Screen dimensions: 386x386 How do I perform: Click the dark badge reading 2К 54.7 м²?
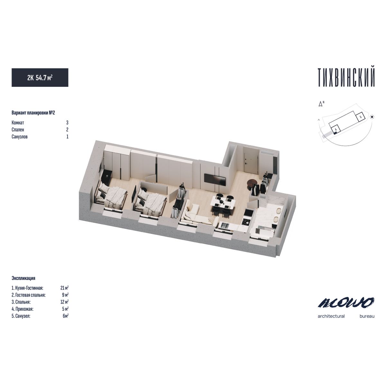[40, 78]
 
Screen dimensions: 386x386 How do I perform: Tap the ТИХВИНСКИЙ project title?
[346, 78]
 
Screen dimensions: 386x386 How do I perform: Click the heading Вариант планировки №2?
[33, 113]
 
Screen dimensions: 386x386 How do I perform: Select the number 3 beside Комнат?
[67, 123]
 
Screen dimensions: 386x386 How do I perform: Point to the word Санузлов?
[20, 137]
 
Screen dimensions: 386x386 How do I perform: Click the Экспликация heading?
[23, 278]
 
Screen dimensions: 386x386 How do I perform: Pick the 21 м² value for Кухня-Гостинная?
[65, 288]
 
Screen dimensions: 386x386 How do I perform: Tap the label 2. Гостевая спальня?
[28, 295]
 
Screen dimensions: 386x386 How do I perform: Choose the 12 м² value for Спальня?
[65, 302]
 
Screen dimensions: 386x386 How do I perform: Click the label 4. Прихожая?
[23, 309]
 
